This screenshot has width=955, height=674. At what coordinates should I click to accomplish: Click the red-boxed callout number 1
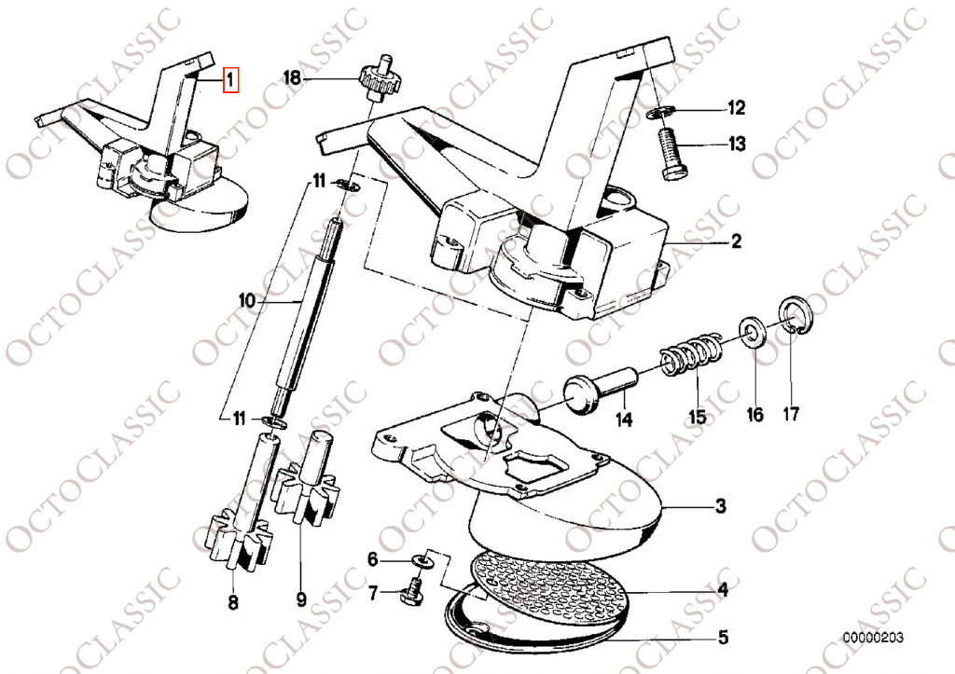point(231,79)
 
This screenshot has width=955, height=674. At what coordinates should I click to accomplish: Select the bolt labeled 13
point(674,152)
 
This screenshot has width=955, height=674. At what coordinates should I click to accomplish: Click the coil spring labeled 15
point(691,353)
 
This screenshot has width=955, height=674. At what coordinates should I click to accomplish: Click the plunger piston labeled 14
point(600,389)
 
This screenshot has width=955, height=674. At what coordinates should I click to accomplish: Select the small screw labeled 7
point(414,591)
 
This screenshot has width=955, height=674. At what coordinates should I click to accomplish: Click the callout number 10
point(246,300)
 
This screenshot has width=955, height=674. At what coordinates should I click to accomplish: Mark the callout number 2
point(737,241)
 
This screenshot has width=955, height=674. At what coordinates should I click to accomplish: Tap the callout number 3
point(720,505)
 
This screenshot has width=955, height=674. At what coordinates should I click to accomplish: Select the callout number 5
point(723,638)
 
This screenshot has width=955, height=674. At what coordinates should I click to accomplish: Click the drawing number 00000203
point(873,638)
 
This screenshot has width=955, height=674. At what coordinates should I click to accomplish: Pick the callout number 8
point(232,603)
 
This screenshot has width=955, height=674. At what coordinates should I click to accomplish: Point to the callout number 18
point(292,78)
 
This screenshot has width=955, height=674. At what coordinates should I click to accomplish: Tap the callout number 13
point(737,144)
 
